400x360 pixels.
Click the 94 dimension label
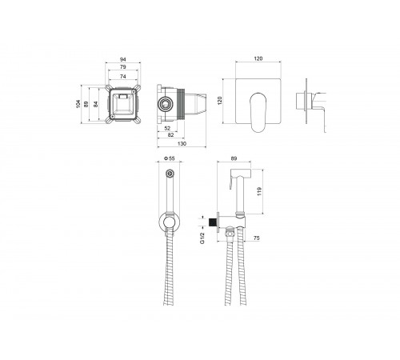(122, 59)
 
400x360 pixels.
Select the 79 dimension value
(122, 67)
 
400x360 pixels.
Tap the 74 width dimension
(122, 77)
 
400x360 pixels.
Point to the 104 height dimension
(78, 104)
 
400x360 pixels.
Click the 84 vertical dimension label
(96, 104)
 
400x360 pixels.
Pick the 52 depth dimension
(167, 128)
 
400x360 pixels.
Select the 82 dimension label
(170, 135)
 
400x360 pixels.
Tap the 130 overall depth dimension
(182, 144)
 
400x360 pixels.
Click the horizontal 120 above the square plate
(258, 58)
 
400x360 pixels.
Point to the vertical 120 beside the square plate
(220, 101)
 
